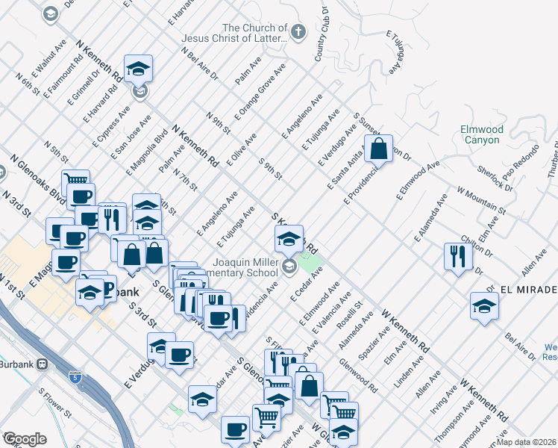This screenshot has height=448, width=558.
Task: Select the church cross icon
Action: tap(298, 31)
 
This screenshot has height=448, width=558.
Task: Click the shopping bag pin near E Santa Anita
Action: tap(379, 148)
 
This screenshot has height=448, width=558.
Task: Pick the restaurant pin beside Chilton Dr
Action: tap(456, 256)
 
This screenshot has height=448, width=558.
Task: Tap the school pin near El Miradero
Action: tap(484, 305)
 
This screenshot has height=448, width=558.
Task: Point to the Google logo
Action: tap(24, 439)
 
